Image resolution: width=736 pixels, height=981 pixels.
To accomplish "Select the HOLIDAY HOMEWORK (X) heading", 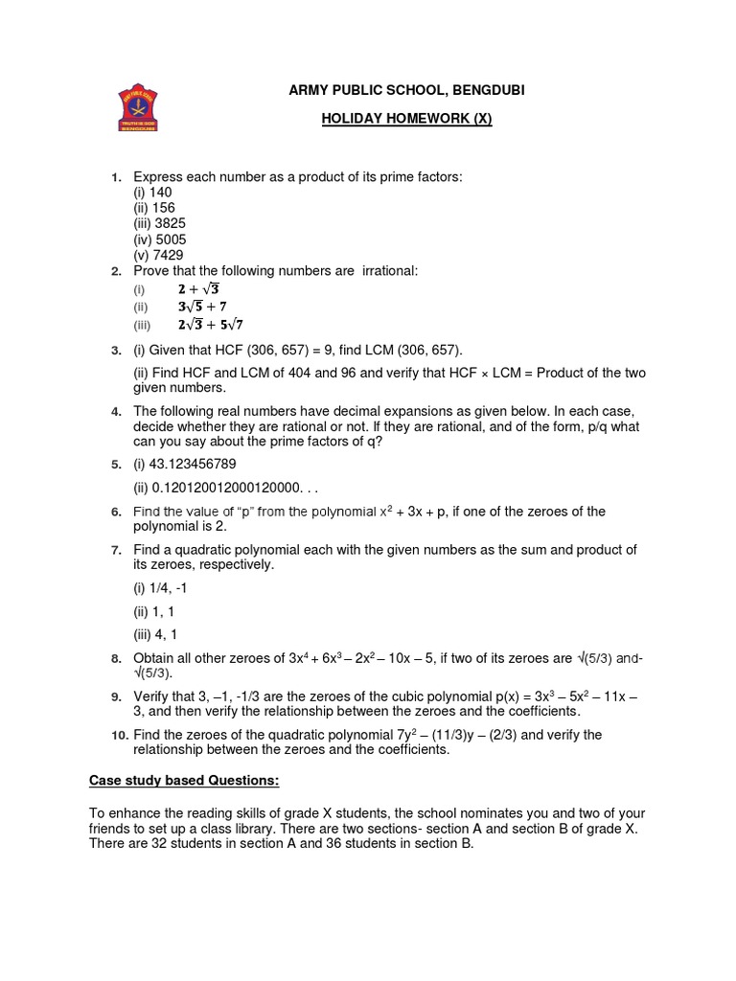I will tap(394, 119).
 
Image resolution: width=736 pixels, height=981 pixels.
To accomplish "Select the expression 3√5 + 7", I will tap(201, 307).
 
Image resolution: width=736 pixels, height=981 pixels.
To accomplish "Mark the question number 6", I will tap(115, 513).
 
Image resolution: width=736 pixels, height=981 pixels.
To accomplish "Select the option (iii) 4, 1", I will tap(155, 634).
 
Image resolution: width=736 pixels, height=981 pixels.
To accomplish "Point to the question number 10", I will tap(118, 735).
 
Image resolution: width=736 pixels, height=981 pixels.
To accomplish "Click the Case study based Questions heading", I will tap(185, 781).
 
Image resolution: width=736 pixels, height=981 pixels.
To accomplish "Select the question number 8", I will tap(115, 659).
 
